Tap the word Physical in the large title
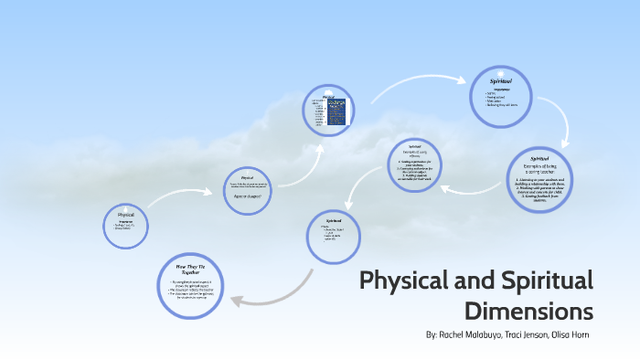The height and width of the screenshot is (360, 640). [409, 280]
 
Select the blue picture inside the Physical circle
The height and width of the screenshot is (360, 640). [340, 111]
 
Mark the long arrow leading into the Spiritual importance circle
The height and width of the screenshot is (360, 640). [411, 84]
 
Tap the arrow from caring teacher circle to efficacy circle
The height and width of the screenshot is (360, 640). [466, 188]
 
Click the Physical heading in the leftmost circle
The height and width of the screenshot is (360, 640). [126, 216]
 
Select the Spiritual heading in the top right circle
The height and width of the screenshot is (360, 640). [501, 81]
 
